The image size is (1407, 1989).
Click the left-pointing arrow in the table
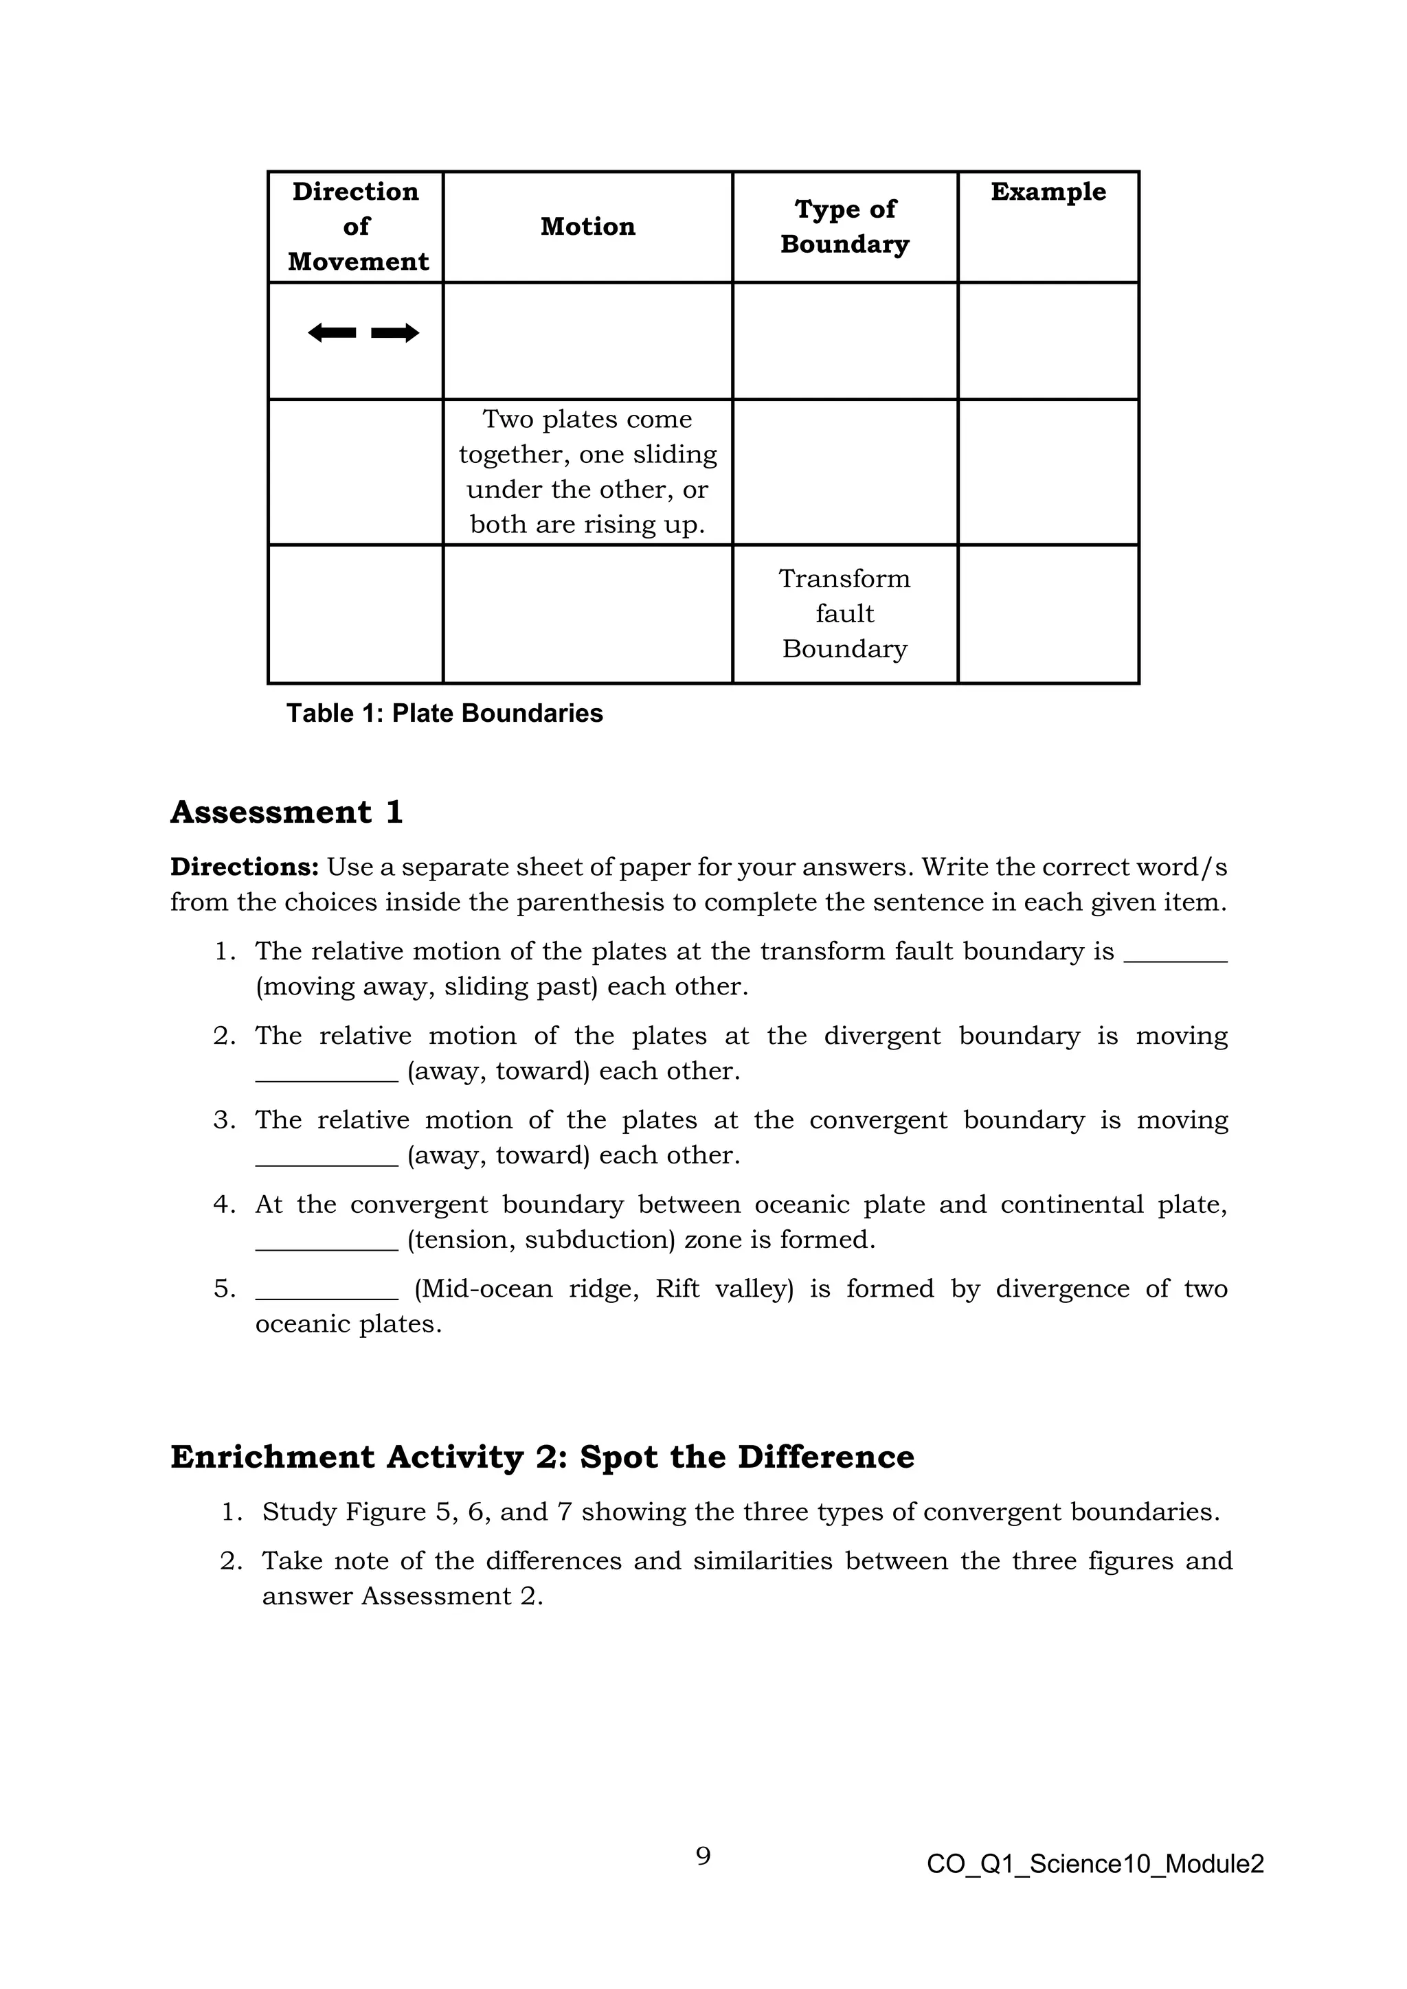[x=332, y=332]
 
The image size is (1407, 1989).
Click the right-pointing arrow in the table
[x=395, y=332]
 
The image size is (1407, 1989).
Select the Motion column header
[x=587, y=227]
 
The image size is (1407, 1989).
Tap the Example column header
[x=1048, y=192]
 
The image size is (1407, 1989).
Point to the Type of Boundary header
[x=845, y=227]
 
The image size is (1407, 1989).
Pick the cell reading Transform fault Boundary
[x=845, y=613]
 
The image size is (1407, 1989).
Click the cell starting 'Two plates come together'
[x=587, y=472]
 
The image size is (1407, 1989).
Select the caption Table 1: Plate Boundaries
[x=444, y=713]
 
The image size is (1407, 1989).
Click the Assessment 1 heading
[x=286, y=812]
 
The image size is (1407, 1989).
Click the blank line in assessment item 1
[x=1175, y=958]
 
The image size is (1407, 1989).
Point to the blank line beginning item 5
[x=326, y=1296]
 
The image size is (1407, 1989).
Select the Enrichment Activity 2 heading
[x=541, y=1457]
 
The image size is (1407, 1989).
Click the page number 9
[x=703, y=1856]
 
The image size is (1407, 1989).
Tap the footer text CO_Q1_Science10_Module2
[x=1094, y=1863]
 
